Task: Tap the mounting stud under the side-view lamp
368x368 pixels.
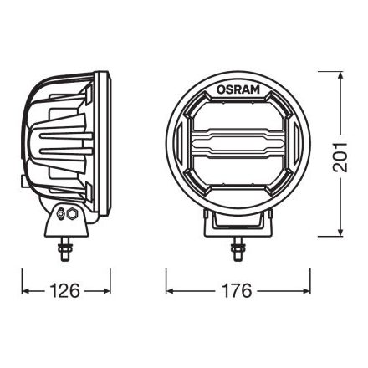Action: [x=65, y=248]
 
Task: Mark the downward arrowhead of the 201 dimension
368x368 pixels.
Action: [x=339, y=233]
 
